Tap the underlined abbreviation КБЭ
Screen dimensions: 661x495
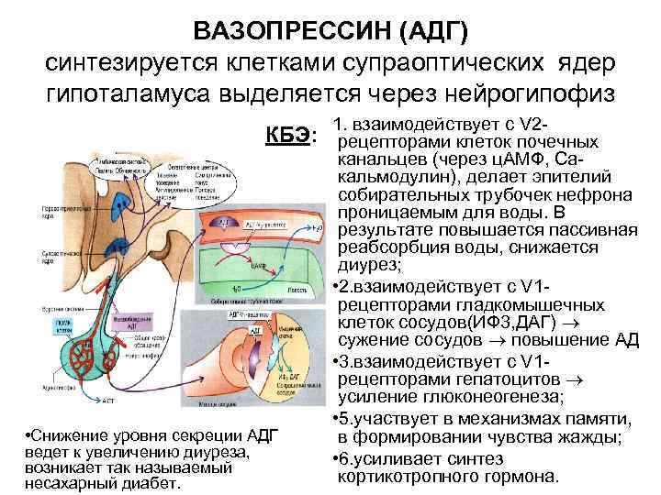pyautogui.click(x=288, y=136)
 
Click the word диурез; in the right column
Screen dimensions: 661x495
pyautogui.click(x=369, y=266)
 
